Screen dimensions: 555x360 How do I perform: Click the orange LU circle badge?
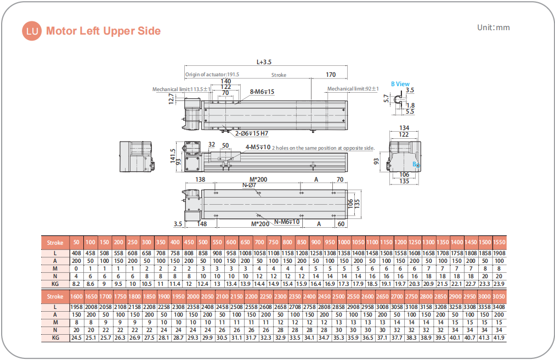[32, 31]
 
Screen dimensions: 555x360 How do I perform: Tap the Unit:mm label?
[494, 27]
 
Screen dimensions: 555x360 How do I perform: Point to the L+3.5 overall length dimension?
[264, 62]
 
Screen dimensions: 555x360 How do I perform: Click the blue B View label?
[400, 84]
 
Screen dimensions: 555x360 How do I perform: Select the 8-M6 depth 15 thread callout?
[262, 92]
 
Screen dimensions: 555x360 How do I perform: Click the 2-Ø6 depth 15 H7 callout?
[252, 133]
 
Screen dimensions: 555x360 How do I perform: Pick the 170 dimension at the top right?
[331, 75]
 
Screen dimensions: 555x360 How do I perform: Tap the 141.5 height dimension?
[173, 155]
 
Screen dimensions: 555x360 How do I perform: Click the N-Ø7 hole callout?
[249, 185]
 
